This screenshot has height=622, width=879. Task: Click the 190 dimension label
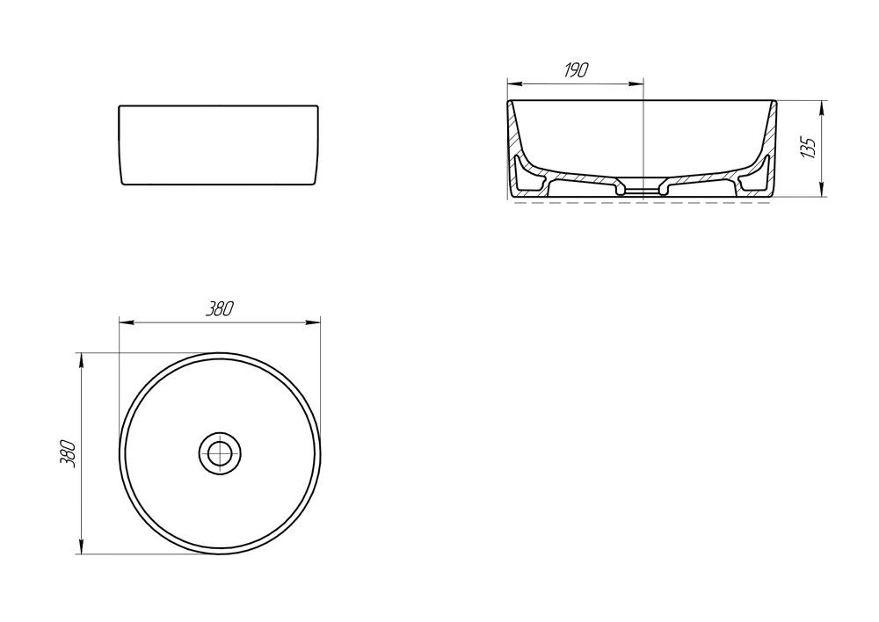click(x=576, y=70)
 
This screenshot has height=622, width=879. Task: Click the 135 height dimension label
click(x=809, y=147)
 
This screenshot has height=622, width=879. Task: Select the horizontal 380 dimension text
click(x=219, y=308)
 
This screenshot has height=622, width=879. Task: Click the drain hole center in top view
click(x=221, y=452)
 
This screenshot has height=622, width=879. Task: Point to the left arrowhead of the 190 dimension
click(x=514, y=84)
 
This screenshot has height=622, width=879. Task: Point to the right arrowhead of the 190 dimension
click(x=636, y=84)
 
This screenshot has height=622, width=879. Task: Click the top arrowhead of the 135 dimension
click(x=822, y=108)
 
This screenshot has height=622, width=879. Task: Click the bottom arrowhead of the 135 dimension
click(x=822, y=191)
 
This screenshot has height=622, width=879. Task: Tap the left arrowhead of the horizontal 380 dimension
click(x=127, y=322)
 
